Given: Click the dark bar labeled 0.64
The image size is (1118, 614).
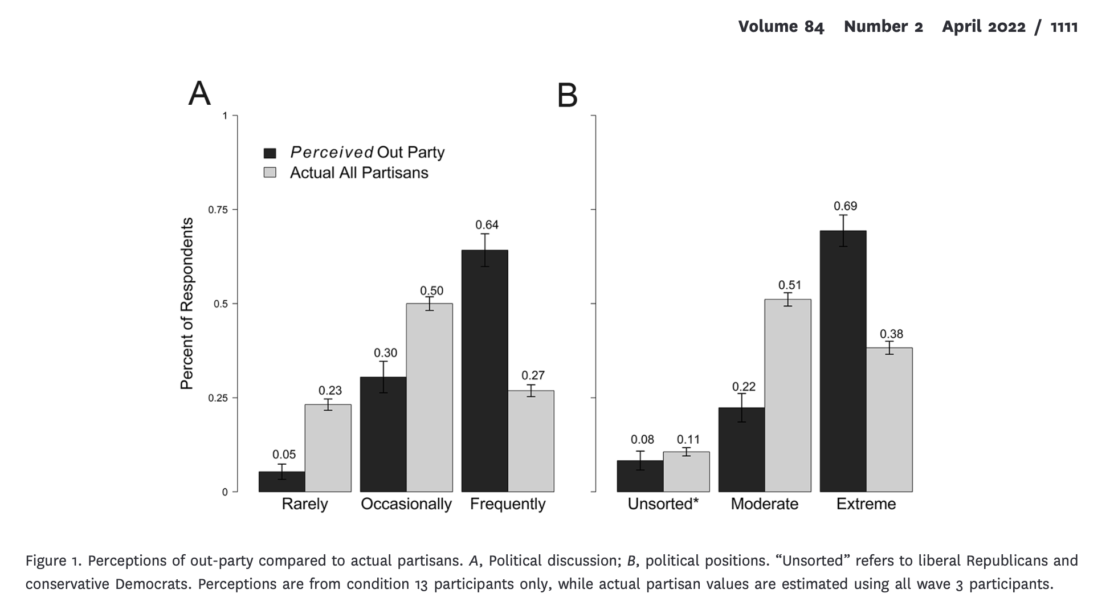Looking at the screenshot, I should tap(484, 370).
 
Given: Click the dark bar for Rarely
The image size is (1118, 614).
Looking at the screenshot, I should tap(281, 481).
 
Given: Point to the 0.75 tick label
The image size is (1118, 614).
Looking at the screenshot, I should tap(218, 210).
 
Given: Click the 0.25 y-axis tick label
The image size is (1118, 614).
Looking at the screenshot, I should tap(218, 398).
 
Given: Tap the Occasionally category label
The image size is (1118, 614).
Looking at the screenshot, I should tap(406, 504).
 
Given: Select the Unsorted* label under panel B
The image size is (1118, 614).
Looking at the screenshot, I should tap(663, 504).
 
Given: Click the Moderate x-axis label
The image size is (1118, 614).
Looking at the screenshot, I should tap(764, 504).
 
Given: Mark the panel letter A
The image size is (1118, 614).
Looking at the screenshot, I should tap(199, 93).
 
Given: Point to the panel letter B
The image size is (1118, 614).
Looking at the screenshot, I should tap(567, 96).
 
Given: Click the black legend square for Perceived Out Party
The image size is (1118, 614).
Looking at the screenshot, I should tap(270, 153).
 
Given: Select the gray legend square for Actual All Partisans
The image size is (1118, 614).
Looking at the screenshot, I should tap(270, 173).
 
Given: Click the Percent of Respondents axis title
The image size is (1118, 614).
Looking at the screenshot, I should tap(187, 304).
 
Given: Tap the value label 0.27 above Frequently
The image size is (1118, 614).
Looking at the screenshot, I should tap(533, 375).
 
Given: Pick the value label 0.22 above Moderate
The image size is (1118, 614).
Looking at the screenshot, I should tap(744, 387).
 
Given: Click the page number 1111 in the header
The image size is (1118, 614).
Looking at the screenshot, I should tap(1064, 27).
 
